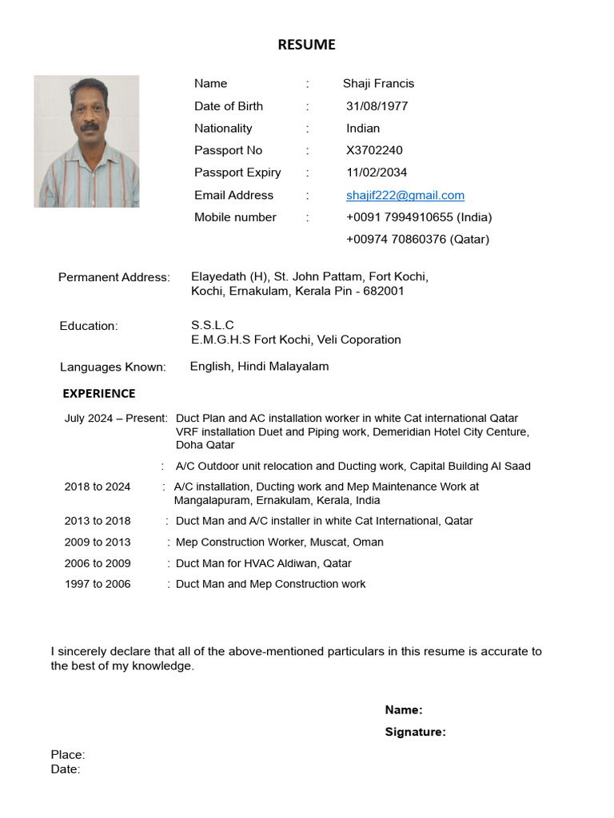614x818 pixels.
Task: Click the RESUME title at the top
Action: (306, 45)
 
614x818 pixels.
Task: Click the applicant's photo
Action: (86, 141)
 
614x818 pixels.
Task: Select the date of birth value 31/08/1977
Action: (377, 106)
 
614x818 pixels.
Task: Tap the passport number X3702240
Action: (374, 150)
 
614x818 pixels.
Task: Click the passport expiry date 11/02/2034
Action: (377, 173)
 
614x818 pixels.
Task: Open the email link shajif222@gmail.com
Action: (405, 195)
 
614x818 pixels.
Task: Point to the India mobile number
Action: (418, 217)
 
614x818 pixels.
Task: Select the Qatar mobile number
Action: (417, 239)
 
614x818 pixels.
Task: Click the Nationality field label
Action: (223, 128)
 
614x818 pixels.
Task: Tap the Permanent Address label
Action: (114, 277)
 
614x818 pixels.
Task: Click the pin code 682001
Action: (384, 292)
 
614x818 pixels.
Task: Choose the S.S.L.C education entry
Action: (212, 325)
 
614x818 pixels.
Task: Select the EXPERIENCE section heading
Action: (99, 393)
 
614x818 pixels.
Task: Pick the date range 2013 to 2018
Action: (98, 521)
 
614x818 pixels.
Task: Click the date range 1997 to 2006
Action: (98, 584)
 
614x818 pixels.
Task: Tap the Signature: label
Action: (415, 732)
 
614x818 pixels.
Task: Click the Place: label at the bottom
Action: (68, 755)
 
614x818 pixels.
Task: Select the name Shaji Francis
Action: (378, 84)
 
